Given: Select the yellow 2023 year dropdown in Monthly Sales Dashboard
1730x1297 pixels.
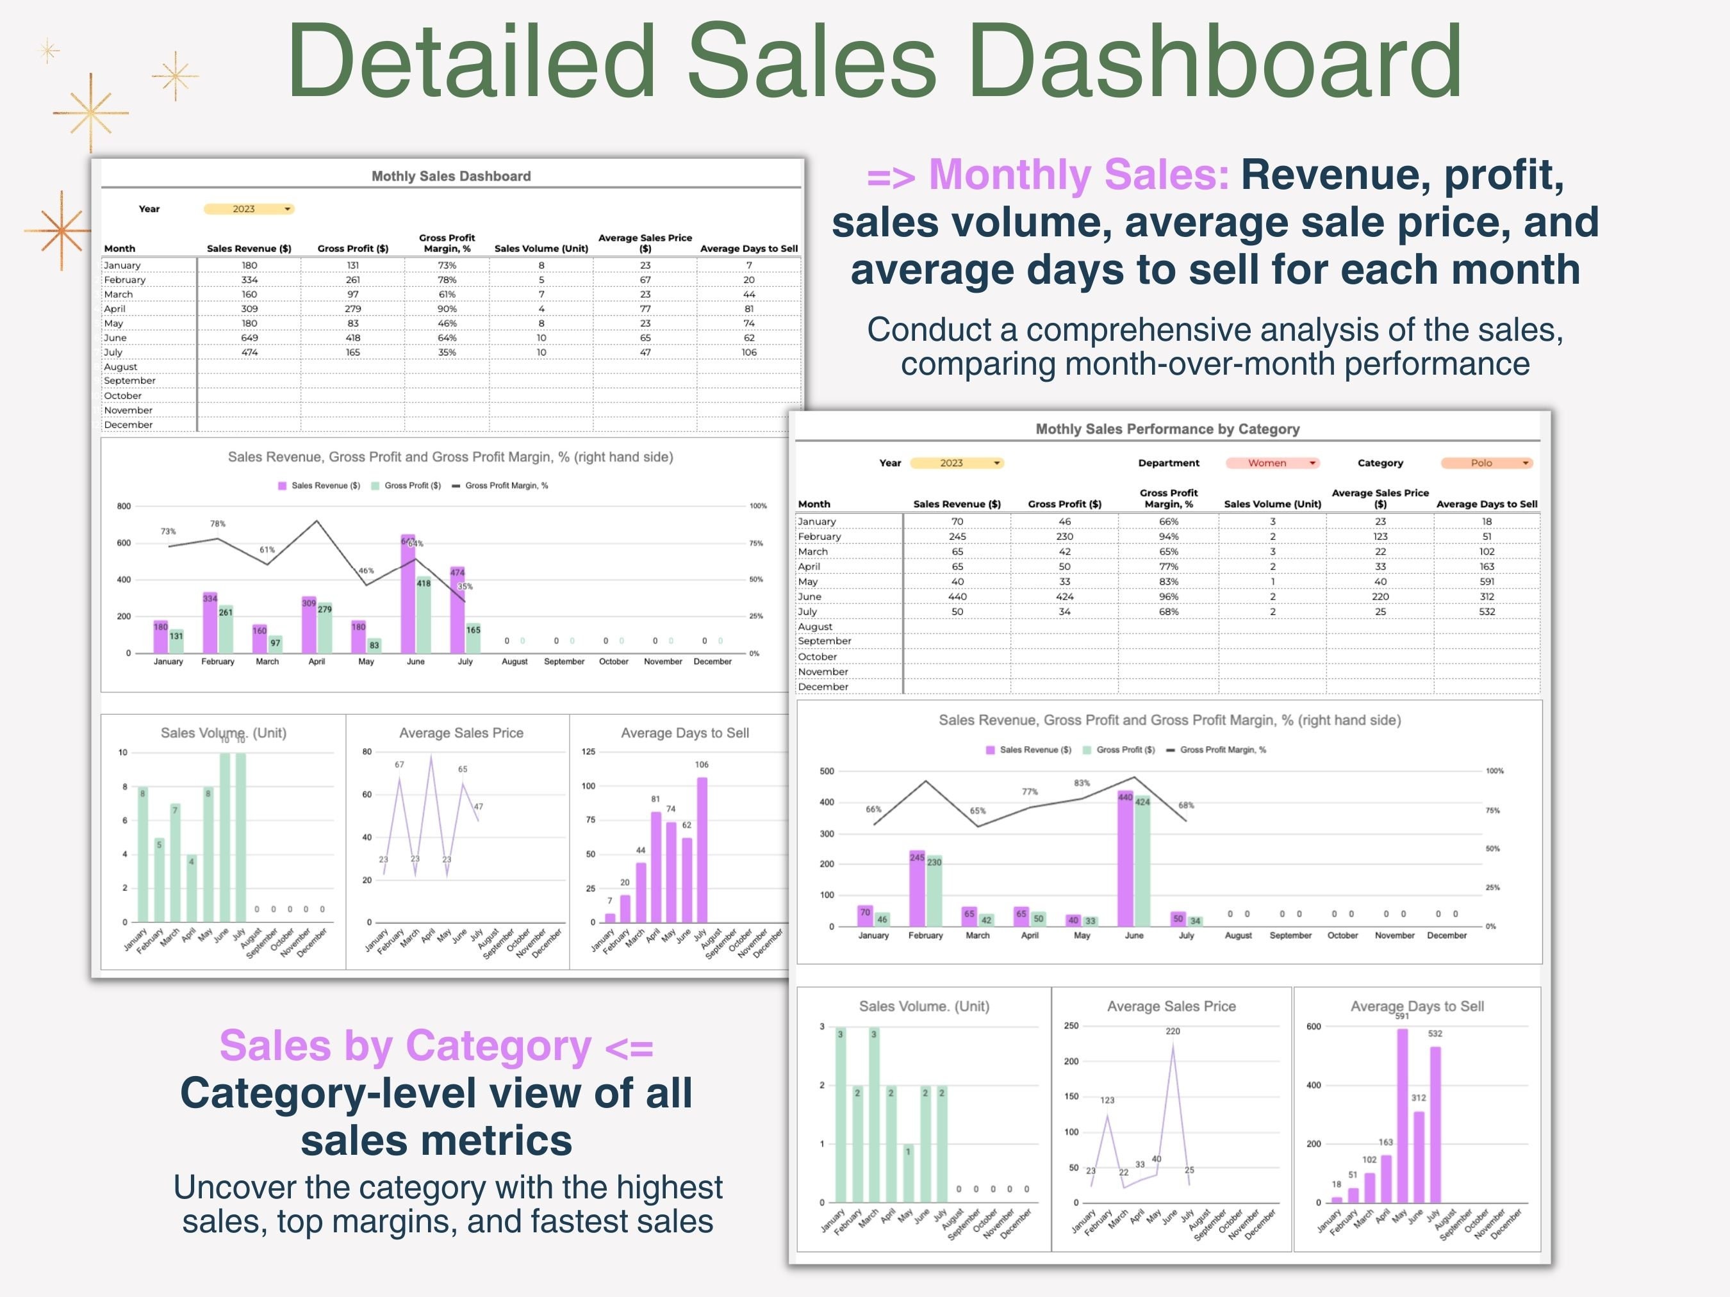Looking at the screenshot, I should tap(248, 209).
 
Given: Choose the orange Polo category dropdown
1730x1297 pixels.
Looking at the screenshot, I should tap(1486, 463).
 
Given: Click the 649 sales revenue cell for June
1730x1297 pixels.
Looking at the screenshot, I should tap(249, 338).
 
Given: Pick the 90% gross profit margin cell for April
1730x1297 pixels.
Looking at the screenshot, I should tap(447, 309).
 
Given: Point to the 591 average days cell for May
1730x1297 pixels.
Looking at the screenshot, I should tap(1486, 582).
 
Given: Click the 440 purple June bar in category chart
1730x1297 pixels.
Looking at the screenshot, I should tap(1125, 860).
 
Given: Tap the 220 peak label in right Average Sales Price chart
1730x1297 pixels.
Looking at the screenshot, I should tap(1173, 1031).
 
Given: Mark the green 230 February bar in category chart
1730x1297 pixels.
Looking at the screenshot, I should tap(934, 892).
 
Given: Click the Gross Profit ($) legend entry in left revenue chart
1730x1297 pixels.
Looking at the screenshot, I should tap(407, 485).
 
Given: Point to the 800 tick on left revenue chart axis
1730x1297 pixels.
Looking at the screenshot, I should tap(124, 506).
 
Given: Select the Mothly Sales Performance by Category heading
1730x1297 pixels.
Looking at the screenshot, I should tap(1167, 428).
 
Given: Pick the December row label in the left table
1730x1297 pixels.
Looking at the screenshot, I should tap(128, 425).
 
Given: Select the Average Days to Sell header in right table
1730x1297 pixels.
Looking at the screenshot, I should tap(1486, 504).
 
